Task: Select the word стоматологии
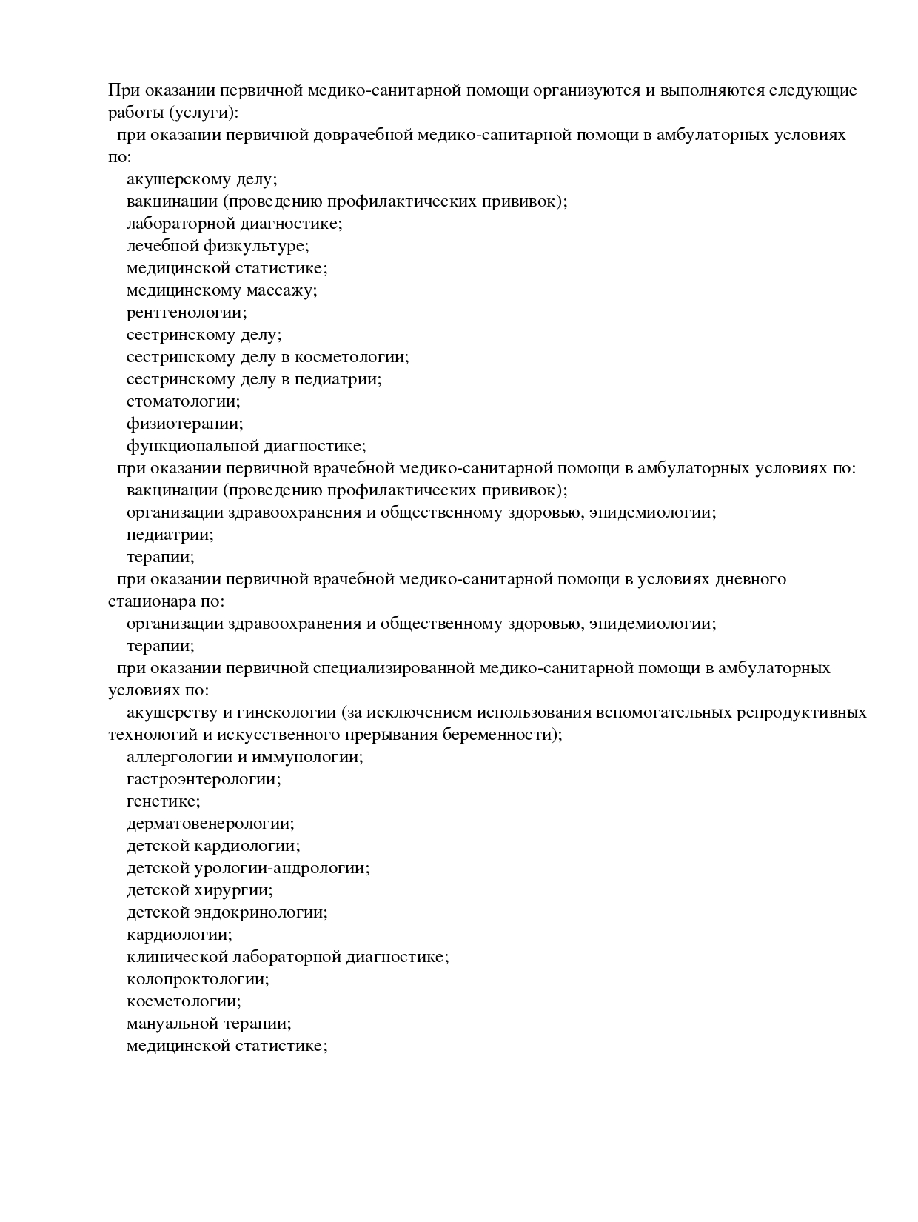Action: click(x=183, y=402)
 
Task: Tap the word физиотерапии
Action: click(x=184, y=424)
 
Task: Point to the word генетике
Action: click(x=163, y=801)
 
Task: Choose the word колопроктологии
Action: click(x=198, y=979)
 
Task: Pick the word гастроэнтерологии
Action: click(x=204, y=779)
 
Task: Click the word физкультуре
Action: click(x=255, y=246)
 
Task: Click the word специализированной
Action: click(x=393, y=669)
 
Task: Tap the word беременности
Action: click(x=501, y=735)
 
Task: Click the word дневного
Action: click(x=749, y=580)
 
